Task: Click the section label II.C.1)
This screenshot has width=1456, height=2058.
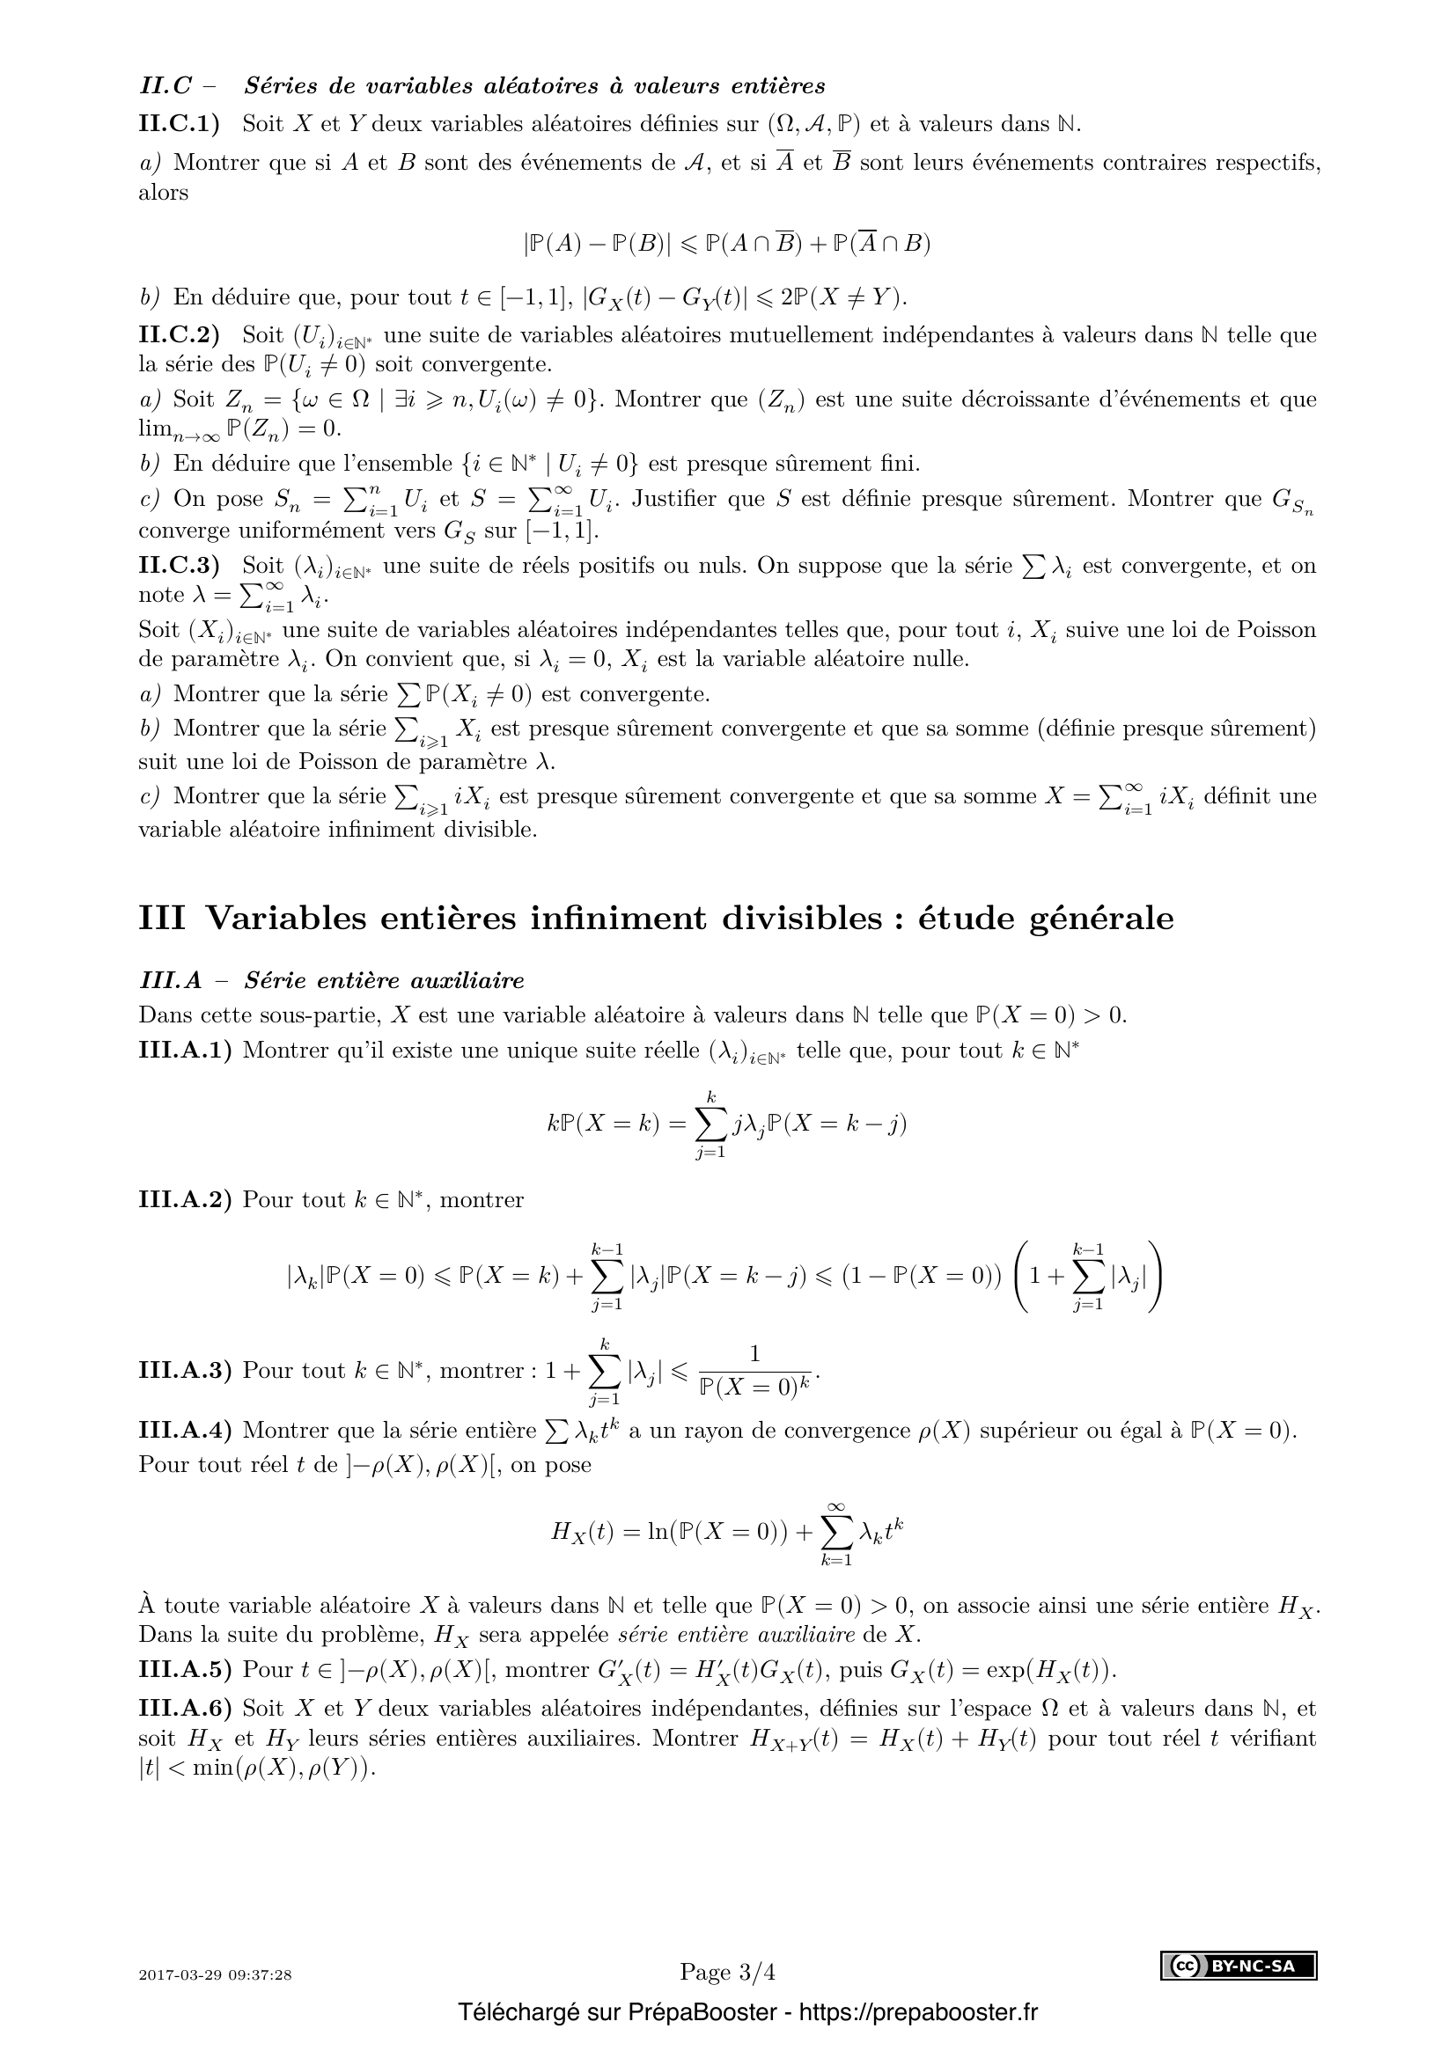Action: [x=180, y=124]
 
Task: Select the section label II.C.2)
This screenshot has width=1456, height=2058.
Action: [x=180, y=335]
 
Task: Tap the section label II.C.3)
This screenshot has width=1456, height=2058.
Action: [x=180, y=566]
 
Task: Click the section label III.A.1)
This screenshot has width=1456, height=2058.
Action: [x=185, y=1051]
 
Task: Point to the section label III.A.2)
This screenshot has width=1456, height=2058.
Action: [x=185, y=1200]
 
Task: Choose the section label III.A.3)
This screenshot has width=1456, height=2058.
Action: [x=185, y=1371]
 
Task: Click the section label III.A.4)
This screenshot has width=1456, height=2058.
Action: [x=185, y=1431]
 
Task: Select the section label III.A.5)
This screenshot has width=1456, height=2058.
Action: [x=185, y=1670]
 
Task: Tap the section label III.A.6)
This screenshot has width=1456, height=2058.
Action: [x=185, y=1710]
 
